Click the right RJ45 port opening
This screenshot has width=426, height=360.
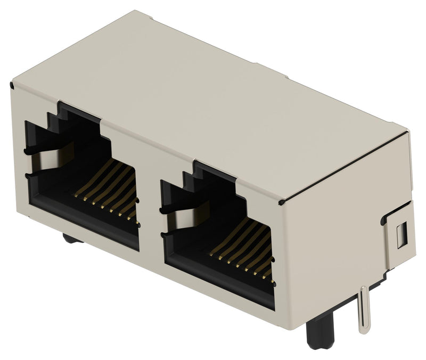(218, 234)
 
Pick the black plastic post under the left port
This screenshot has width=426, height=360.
(72, 238)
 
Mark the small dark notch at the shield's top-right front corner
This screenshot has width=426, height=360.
(281, 202)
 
